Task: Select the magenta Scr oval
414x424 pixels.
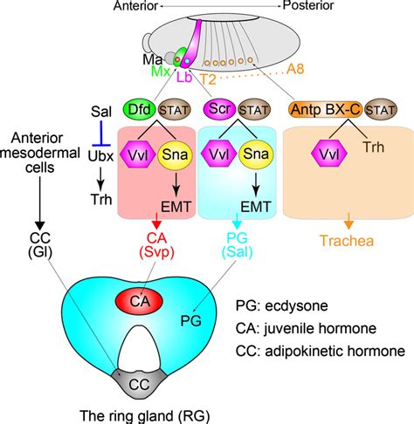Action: (x=218, y=111)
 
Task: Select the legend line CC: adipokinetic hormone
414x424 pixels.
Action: (x=319, y=352)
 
